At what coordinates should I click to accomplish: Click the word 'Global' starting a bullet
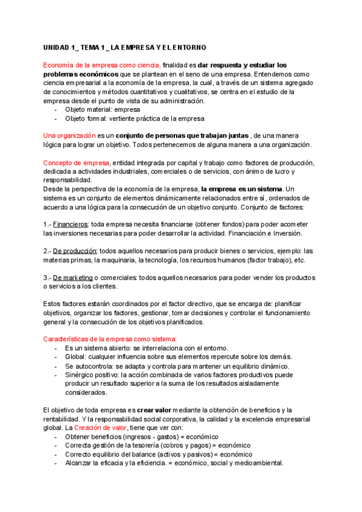coord(75,357)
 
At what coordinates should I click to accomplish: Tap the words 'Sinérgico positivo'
coord(93,375)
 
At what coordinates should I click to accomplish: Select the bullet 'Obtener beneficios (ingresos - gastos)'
coord(141,437)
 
